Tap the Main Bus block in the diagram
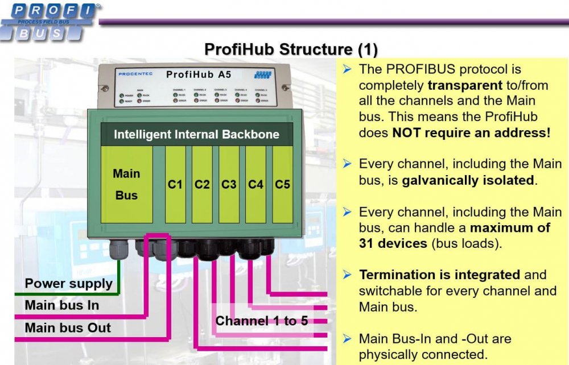pos(126,184)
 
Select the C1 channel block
pos(175,184)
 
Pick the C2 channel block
pos(202,184)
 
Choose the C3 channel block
pos(229,184)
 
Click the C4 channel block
pos(256,184)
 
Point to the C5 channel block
pos(283,184)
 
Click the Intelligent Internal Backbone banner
pos(196,135)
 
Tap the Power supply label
pos(69,284)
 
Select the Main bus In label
pos(62,305)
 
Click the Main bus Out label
pos(68,327)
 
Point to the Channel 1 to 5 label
pos(261,321)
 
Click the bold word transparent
pos(463,85)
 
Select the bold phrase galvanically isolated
pos(468,181)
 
